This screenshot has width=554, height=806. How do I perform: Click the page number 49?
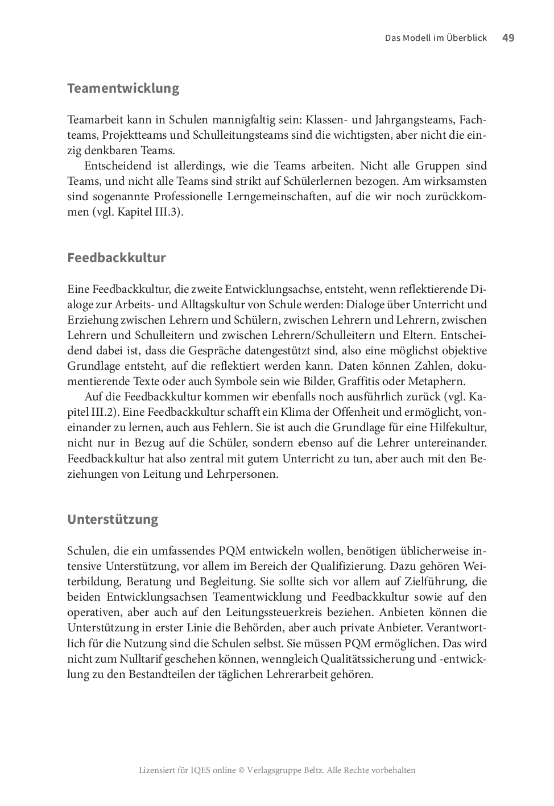(x=508, y=38)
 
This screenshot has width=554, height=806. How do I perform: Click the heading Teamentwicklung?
(x=123, y=88)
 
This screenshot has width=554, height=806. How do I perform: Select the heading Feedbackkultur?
(x=117, y=258)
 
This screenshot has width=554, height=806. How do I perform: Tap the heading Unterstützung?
(x=113, y=519)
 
